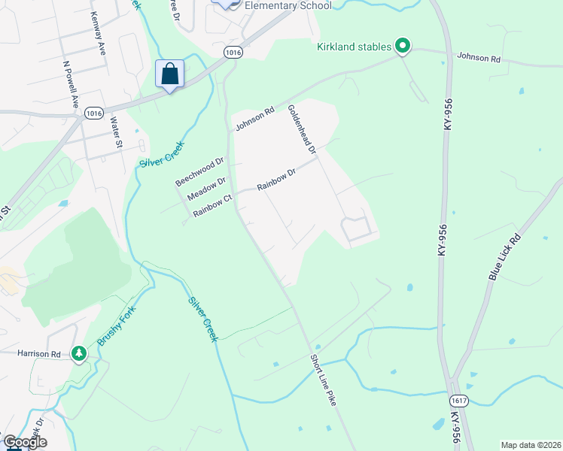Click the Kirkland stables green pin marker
403,47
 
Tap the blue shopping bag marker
170,74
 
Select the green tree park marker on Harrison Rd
79,353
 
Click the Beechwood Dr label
200,172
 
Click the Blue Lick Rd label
504,256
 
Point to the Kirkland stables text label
354,47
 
